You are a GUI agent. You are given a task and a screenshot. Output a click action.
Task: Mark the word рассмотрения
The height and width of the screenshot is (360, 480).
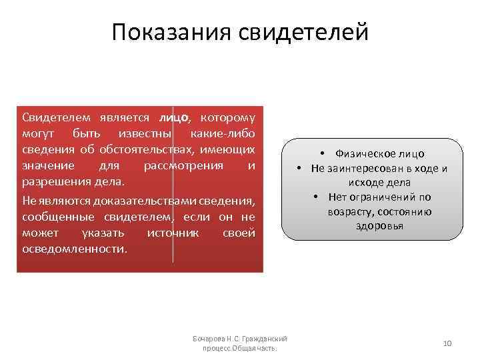point(179,165)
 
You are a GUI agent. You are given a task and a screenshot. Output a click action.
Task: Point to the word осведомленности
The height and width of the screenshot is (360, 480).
point(73,249)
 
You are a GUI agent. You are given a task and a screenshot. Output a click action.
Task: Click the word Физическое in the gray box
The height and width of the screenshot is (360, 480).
point(361,153)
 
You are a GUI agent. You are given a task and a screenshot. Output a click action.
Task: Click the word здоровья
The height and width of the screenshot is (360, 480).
point(379,226)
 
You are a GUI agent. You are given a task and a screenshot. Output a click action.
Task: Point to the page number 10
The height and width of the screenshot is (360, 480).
point(447,343)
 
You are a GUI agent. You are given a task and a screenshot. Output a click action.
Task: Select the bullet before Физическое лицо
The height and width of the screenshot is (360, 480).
point(321,153)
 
